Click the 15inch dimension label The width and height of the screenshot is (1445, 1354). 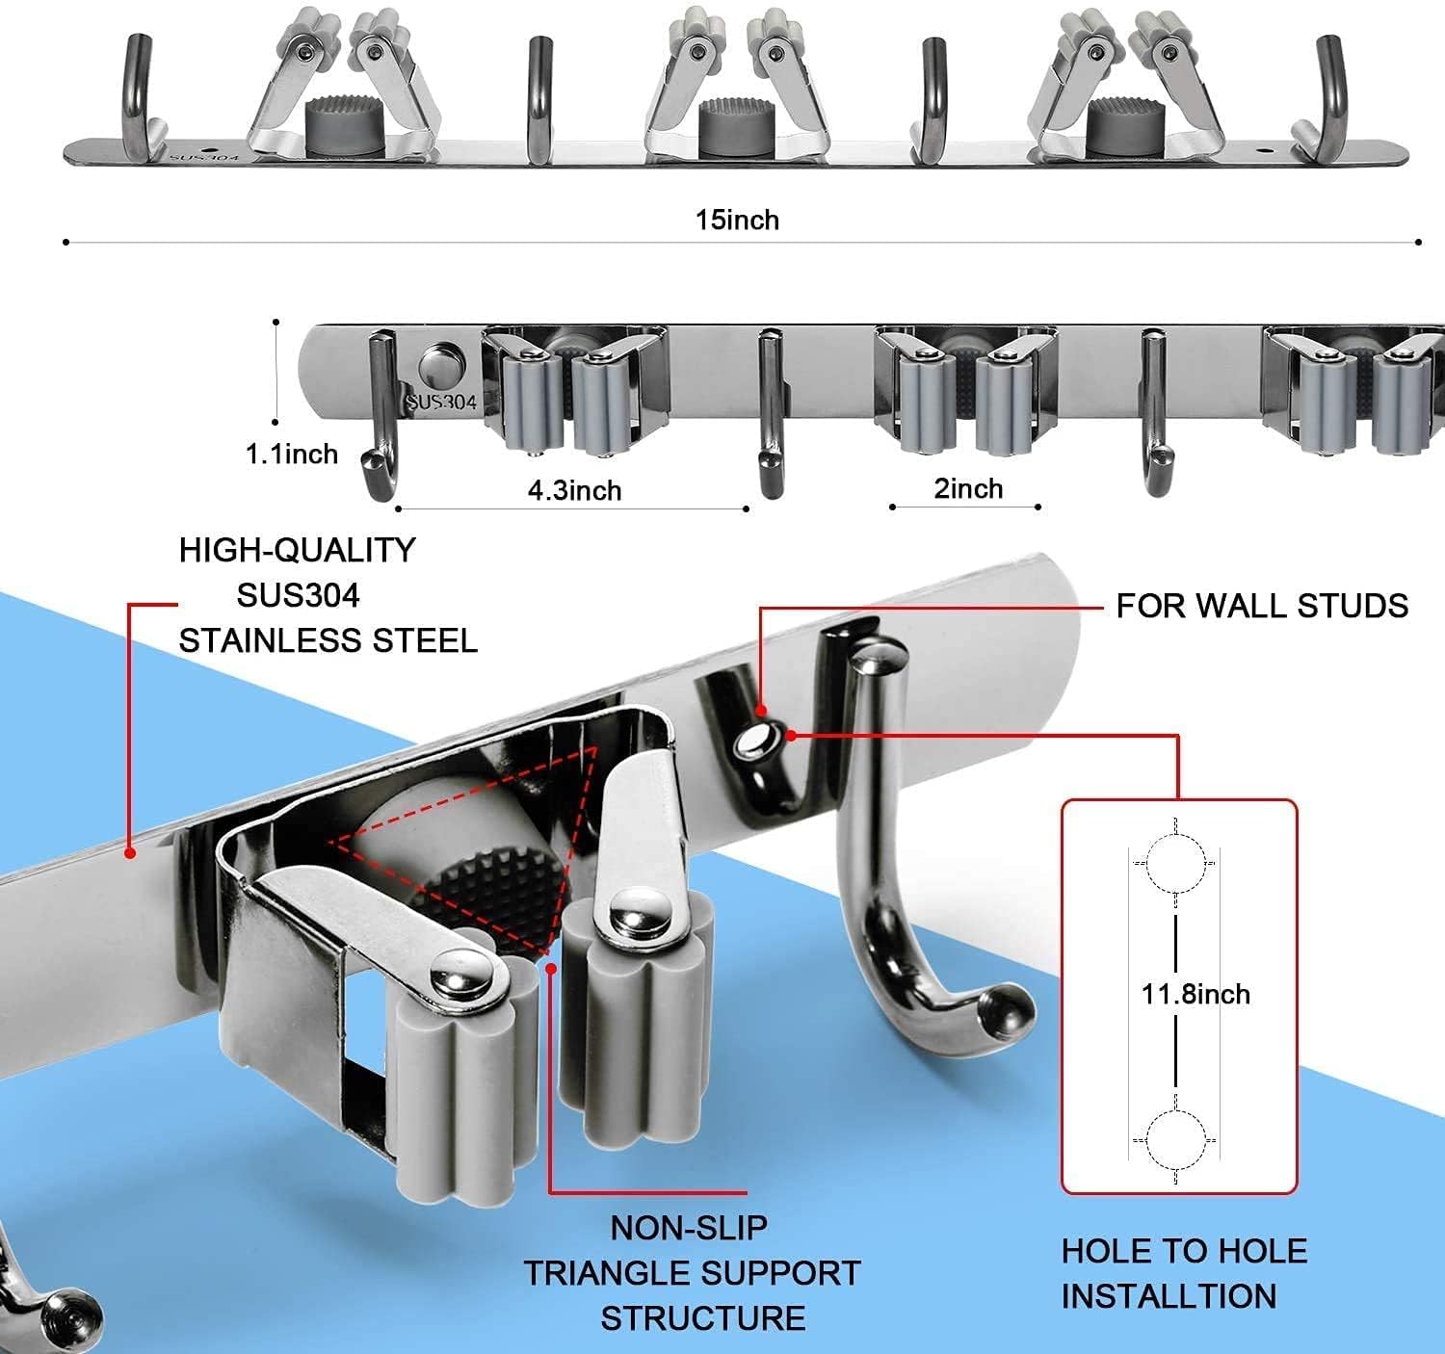coord(737,221)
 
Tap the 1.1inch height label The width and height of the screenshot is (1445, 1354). coord(292,454)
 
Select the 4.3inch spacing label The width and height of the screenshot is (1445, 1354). coord(574,490)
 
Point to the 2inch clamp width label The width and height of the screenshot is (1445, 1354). coord(968,488)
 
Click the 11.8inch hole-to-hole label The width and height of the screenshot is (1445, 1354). coord(1195,993)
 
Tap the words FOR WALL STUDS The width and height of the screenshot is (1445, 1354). coord(1262,606)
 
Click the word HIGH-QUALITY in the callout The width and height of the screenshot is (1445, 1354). coord(297,550)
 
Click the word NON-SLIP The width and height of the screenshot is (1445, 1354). coord(689,1228)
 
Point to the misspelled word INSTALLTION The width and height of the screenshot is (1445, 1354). coord(1169,1296)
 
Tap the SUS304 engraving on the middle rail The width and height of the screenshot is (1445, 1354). coord(441,401)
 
